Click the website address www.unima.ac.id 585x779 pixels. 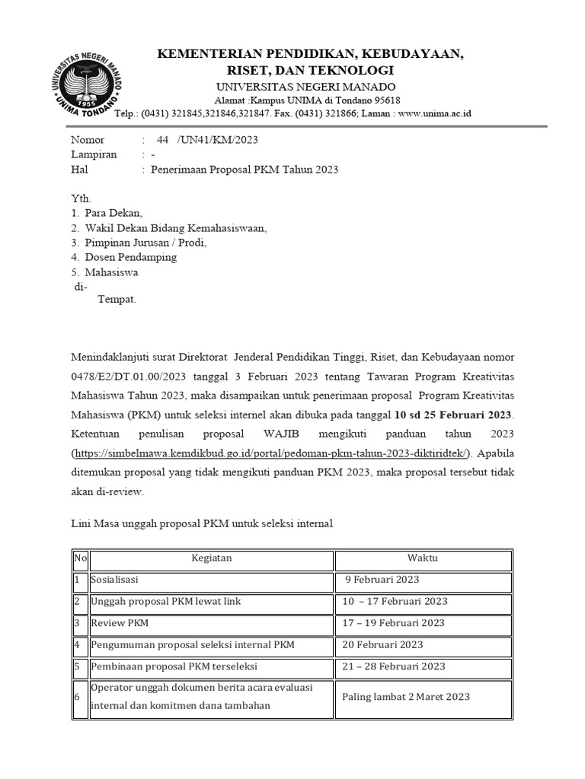[x=434, y=113]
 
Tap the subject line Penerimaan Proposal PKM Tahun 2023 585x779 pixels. [x=245, y=170]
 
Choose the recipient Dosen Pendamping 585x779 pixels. [x=131, y=257]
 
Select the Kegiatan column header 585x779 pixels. [x=211, y=558]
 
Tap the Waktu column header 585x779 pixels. [x=423, y=558]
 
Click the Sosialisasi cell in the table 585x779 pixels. [x=114, y=580]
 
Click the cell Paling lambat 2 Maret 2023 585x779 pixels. [x=406, y=696]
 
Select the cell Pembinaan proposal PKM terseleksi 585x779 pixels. [x=174, y=667]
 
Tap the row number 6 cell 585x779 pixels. [x=78, y=696]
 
